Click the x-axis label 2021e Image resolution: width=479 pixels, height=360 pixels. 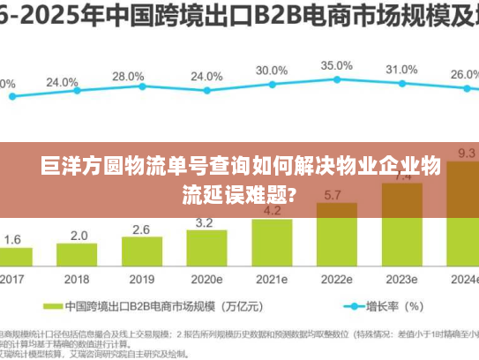272,280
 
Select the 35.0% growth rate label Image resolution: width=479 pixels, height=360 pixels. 336,65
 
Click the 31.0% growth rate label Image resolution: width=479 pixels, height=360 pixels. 401,70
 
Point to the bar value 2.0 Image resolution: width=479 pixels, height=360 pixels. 79,236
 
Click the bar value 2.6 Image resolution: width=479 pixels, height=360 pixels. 141,229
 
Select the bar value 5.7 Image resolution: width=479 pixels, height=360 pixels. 334,195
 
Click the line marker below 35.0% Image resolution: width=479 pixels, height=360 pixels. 336,81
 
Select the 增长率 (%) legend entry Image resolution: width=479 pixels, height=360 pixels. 392,306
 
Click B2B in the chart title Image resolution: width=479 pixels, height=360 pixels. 256,17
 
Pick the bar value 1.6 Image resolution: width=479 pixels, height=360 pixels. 13,239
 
